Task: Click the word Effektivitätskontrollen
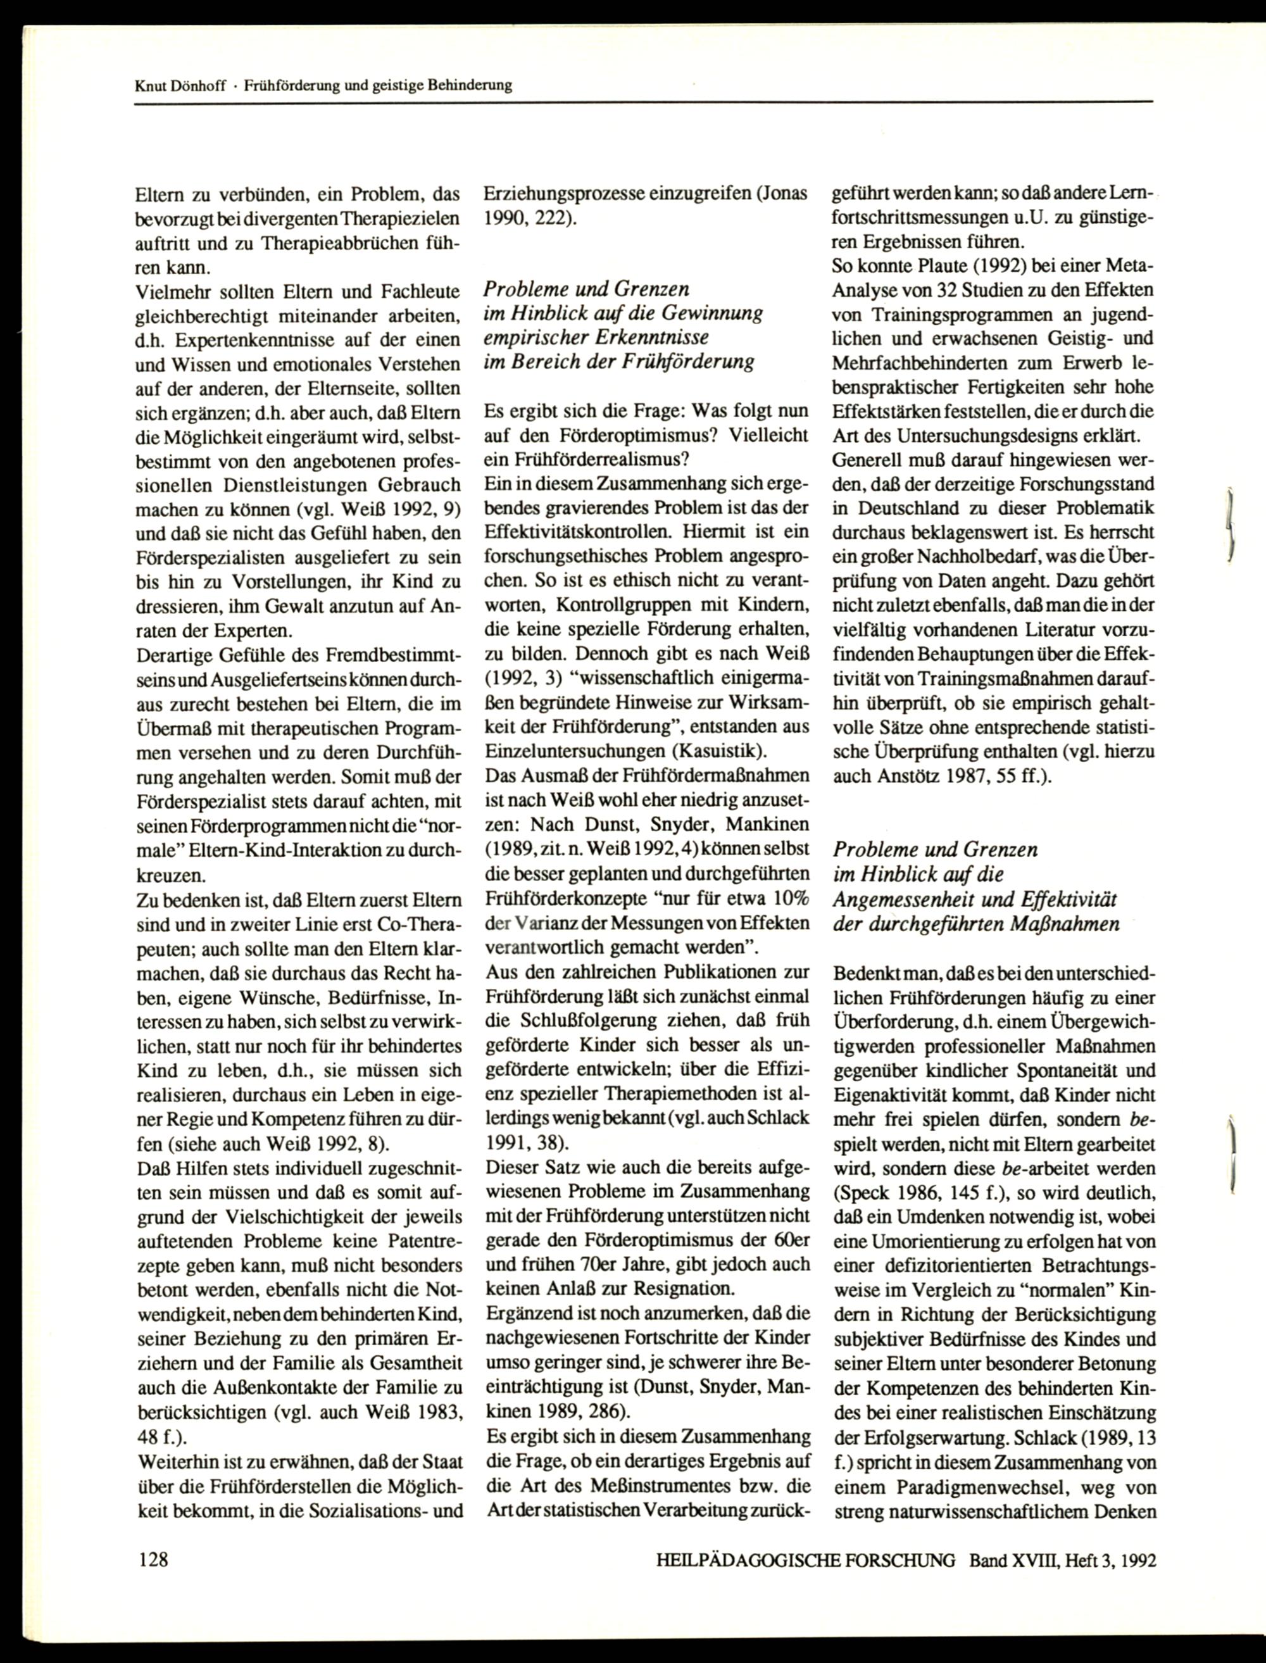click(577, 531)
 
